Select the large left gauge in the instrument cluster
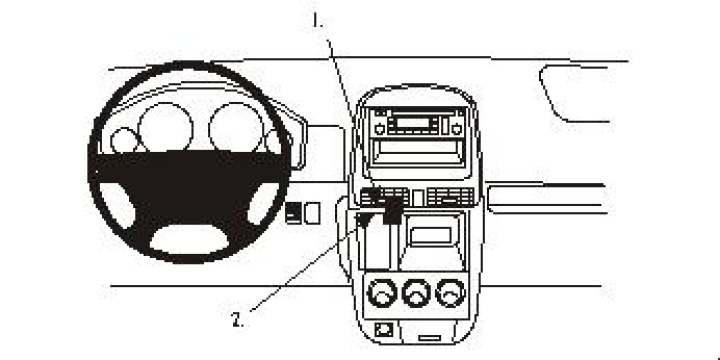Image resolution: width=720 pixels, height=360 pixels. (165, 128)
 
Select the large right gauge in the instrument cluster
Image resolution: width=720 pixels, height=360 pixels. (234, 128)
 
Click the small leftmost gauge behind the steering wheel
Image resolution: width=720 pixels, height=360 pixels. (124, 141)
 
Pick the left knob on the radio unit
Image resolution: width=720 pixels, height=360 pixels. (378, 128)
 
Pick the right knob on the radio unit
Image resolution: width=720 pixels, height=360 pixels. (456, 128)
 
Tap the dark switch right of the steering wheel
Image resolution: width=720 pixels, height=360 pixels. (293, 212)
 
